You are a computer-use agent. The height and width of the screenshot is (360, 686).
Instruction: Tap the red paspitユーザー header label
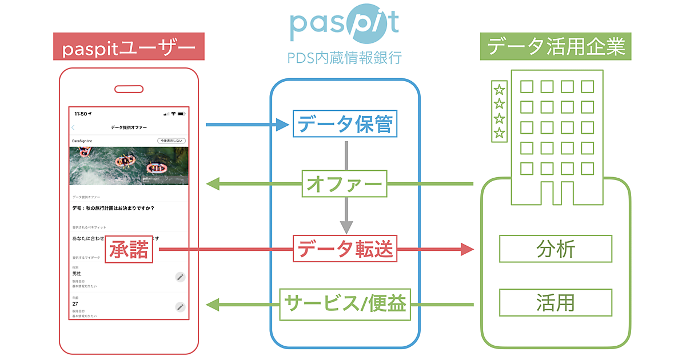[129, 47]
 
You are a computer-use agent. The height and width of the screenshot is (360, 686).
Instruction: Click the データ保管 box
[345, 123]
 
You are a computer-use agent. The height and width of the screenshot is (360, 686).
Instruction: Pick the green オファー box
[345, 184]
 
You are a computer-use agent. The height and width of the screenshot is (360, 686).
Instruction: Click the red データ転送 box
[345, 249]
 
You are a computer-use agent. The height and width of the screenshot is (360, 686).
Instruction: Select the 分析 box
[556, 249]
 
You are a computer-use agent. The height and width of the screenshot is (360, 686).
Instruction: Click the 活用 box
[556, 302]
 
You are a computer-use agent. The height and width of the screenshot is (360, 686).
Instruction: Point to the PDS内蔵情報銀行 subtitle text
[345, 58]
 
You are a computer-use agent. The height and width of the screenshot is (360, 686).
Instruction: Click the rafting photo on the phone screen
[129, 166]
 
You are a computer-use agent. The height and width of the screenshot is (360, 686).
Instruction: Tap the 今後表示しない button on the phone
[171, 141]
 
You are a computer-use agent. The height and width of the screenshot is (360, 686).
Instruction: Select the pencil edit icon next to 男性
[180, 277]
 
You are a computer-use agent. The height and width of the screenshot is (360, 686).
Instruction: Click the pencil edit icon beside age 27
[180, 307]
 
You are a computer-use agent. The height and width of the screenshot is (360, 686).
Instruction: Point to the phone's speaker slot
[129, 89]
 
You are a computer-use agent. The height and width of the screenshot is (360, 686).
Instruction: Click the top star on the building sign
[499, 89]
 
